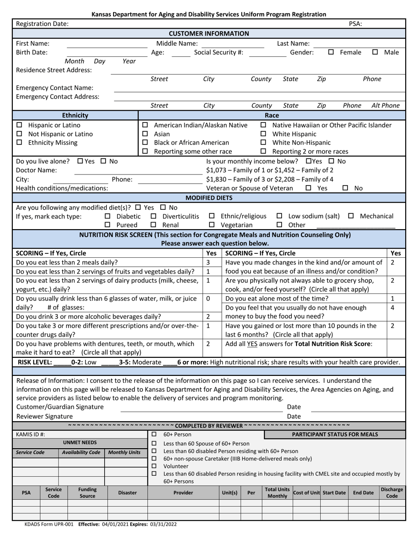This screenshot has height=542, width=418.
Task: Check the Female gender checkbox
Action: click(x=331, y=52)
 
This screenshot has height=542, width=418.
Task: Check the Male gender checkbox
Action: click(x=375, y=52)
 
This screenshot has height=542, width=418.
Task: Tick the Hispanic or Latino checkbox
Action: click(x=19, y=125)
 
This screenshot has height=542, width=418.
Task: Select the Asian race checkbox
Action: click(x=145, y=134)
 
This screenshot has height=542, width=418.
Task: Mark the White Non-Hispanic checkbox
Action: click(x=264, y=143)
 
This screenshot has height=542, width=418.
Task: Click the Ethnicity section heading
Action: click(x=75, y=115)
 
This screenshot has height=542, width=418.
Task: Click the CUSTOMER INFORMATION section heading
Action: click(x=209, y=33)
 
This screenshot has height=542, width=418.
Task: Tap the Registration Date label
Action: click(x=42, y=24)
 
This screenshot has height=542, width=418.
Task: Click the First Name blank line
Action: click(x=107, y=44)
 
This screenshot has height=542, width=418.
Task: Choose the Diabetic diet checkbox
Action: click(x=108, y=216)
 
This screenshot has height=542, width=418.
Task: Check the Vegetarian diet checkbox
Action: click(x=212, y=225)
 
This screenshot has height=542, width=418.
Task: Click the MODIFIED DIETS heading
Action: click(x=209, y=198)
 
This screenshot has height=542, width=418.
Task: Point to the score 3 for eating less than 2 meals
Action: click(x=208, y=262)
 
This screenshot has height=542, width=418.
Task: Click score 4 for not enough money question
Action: click(x=392, y=308)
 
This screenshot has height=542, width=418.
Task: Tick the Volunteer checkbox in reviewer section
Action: click(x=154, y=466)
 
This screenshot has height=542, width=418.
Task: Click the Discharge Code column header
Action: click(x=392, y=493)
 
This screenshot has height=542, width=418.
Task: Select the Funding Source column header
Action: click(x=87, y=493)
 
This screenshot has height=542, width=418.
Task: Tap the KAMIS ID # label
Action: click(x=30, y=434)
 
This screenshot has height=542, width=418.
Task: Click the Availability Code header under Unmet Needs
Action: click(x=81, y=453)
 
